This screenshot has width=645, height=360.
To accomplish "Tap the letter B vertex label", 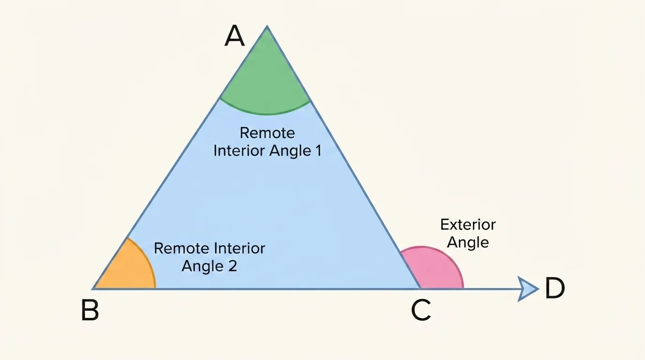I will pyautogui.click(x=90, y=310).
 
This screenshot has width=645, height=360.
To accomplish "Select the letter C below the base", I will pyautogui.click(x=421, y=310).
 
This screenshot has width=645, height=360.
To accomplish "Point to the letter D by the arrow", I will pyautogui.click(x=555, y=288).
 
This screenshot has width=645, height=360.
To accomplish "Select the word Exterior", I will pyautogui.click(x=468, y=225).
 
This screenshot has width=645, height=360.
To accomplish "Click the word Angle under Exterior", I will pyautogui.click(x=468, y=242).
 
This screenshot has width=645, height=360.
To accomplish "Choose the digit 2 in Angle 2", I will pyautogui.click(x=232, y=266).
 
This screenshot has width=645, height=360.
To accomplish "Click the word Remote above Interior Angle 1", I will pyautogui.click(x=267, y=133).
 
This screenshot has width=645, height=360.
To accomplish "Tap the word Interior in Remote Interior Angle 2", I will pyautogui.click(x=240, y=248).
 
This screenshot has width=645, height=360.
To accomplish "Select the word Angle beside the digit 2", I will pyautogui.click(x=203, y=266).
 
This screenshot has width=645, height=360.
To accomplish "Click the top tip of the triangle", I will pyautogui.click(x=267, y=27).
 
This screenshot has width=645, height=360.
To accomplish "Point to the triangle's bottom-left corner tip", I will pyautogui.click(x=94, y=288).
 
